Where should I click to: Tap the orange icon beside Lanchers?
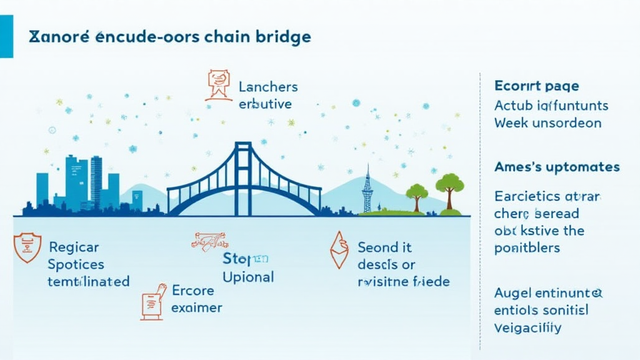(x=218, y=85)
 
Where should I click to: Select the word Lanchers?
(x=268, y=87)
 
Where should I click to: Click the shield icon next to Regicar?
(x=27, y=247)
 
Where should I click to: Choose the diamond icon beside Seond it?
(x=339, y=250)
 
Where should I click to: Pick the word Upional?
(x=248, y=277)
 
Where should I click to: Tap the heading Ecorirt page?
(x=536, y=86)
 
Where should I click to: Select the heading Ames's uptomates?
(x=556, y=167)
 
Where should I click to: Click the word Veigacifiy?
(x=527, y=327)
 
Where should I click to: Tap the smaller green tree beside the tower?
(x=416, y=194)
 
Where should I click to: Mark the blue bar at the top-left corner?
(x=6, y=37)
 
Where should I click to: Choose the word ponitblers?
(x=526, y=247)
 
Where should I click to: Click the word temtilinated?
(x=88, y=281)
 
